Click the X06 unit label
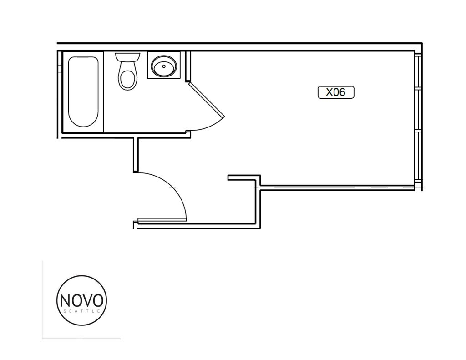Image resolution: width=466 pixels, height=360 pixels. click(x=335, y=92)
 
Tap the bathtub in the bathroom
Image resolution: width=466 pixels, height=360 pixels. click(x=83, y=91)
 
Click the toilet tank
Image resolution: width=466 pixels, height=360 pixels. click(x=127, y=57)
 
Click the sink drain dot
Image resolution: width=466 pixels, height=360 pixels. click(x=163, y=66)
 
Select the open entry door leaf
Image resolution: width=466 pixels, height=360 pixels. click(x=162, y=220)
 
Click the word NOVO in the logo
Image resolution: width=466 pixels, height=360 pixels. click(x=82, y=300)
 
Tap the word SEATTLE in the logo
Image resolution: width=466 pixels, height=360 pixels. click(x=82, y=311)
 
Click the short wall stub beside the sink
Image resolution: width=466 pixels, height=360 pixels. click(x=187, y=66)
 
